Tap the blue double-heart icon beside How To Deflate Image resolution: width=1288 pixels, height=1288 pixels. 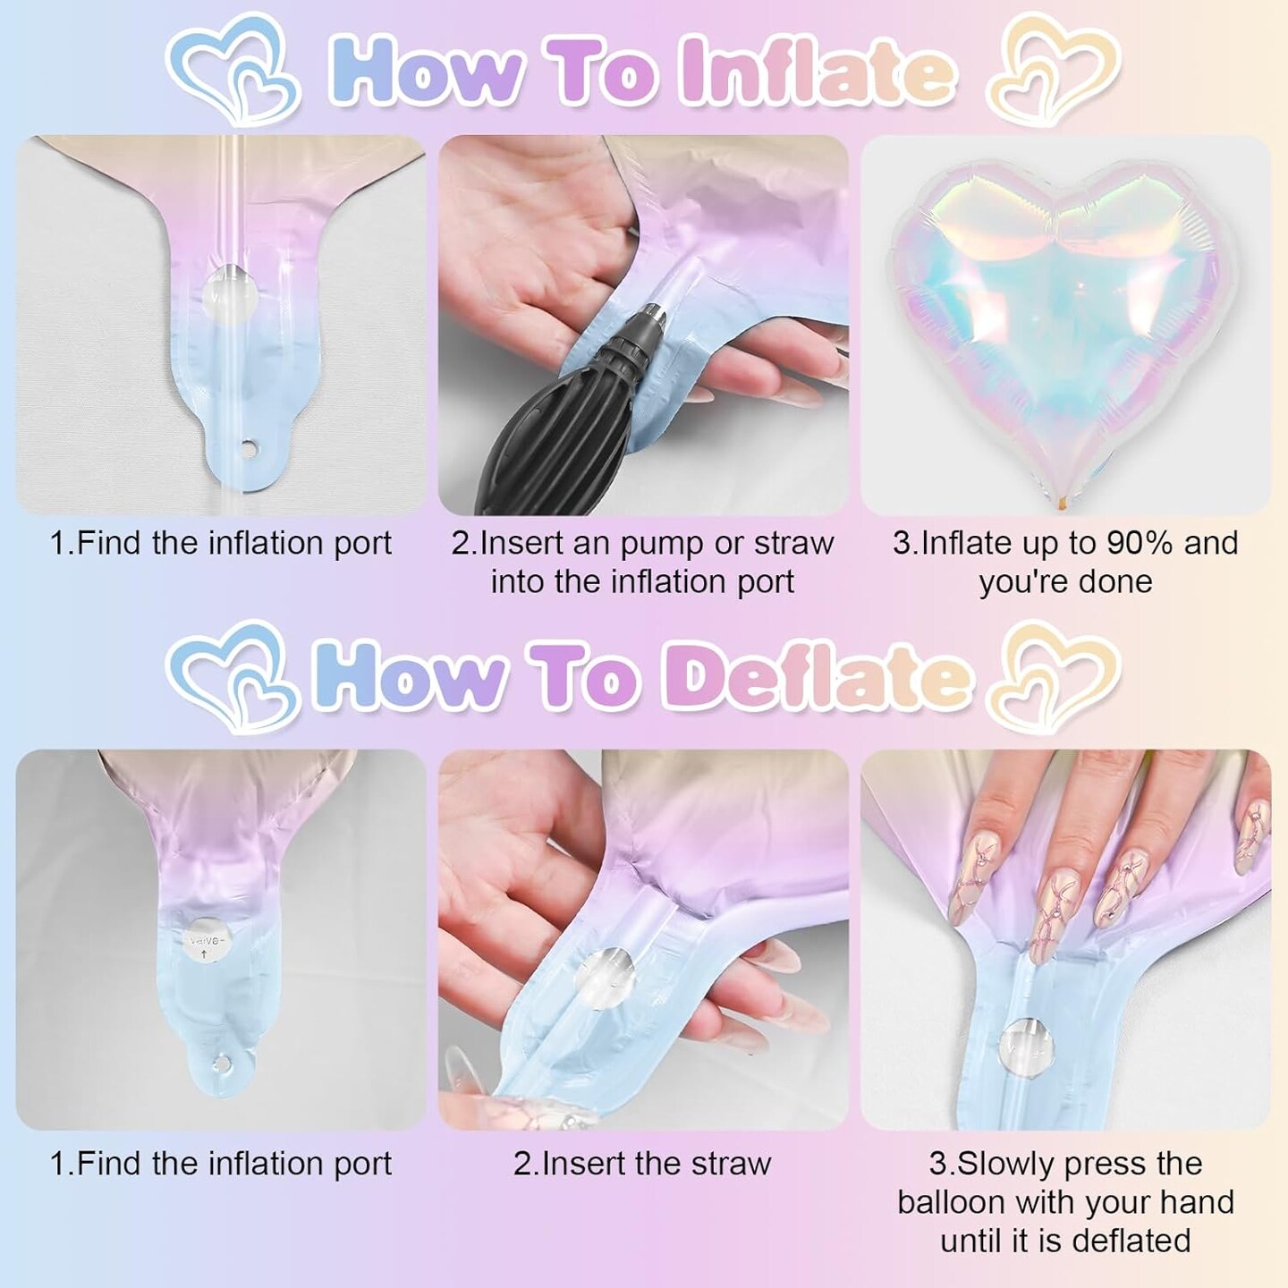click(232, 678)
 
